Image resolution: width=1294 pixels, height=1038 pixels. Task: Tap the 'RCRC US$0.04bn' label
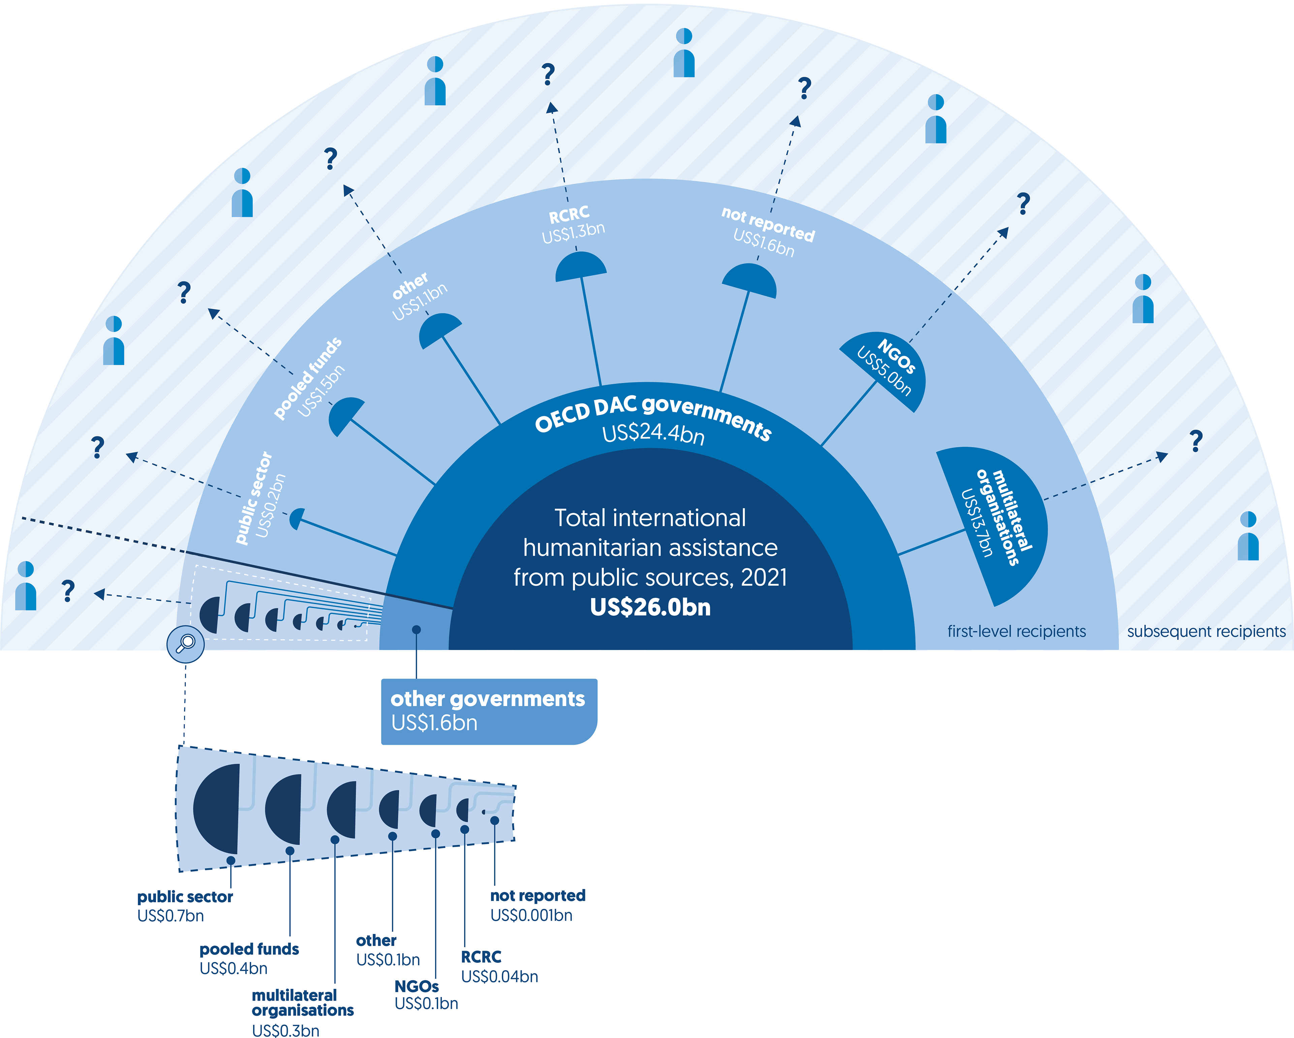[499, 966]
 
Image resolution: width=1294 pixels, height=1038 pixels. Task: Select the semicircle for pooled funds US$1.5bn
[345, 415]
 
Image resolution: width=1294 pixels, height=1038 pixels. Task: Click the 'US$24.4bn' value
[653, 434]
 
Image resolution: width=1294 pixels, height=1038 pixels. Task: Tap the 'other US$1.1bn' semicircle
[438, 329]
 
